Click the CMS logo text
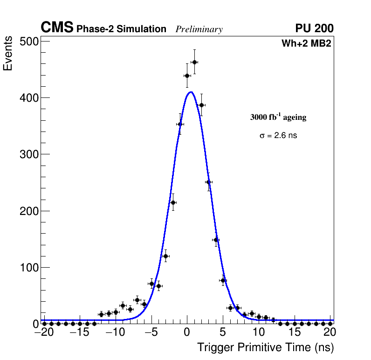click(x=57, y=28)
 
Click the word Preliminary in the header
click(x=199, y=29)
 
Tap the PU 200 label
click(x=314, y=28)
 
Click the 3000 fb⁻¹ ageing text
click(x=278, y=118)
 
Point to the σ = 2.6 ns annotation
click(x=278, y=136)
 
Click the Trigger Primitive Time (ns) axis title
click(x=265, y=347)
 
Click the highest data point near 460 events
click(x=194, y=62)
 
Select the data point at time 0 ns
click(x=187, y=76)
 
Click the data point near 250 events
click(x=208, y=182)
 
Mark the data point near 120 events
click(x=165, y=256)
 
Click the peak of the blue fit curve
click(x=191, y=92)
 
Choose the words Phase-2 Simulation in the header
click(x=121, y=29)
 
